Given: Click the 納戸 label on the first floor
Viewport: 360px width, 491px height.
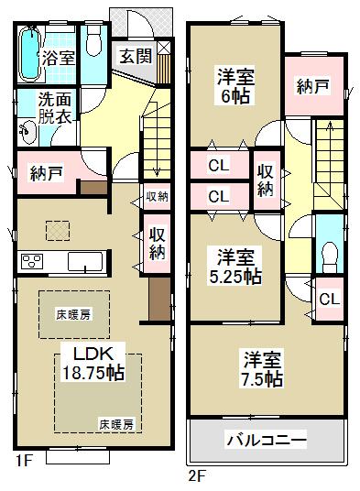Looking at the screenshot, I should point(46,172).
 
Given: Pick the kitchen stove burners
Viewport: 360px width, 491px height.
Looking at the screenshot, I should point(33,261).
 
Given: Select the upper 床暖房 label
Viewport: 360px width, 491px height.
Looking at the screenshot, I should point(73,314).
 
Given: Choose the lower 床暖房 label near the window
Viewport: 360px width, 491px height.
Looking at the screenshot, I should point(116,424).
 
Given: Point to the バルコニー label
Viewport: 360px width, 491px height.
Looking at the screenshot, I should point(266,442).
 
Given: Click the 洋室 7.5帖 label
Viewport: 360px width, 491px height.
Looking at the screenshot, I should point(262,366).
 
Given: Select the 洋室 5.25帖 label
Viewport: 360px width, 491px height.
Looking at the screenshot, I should point(235,266).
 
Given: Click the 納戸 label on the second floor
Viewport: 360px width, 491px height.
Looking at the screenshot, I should point(313,88).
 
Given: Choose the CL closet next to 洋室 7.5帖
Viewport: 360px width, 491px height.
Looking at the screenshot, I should point(330,299).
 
